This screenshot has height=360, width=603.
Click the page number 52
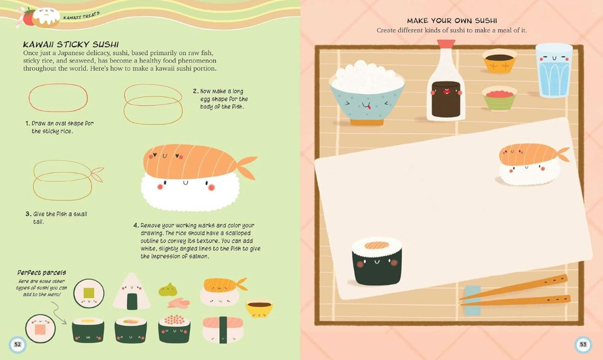pos(18,344)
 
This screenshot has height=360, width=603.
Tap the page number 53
pos(584,344)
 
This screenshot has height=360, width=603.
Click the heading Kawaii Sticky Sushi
pos(71,44)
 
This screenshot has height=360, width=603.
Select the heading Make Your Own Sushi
pos(452,21)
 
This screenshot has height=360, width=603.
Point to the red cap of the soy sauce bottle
pos(446,43)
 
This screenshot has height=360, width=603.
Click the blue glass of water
pos(554,70)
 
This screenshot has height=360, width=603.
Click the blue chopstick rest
pos(473,300)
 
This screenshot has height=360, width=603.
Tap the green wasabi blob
pos(168,289)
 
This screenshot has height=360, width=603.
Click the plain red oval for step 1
pos(58,98)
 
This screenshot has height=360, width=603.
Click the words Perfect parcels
pos(41,273)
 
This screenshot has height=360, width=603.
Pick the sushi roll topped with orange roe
pos(174,329)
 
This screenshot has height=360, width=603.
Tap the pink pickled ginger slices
pos(178,303)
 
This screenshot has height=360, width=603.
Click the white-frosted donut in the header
pos(46,17)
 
